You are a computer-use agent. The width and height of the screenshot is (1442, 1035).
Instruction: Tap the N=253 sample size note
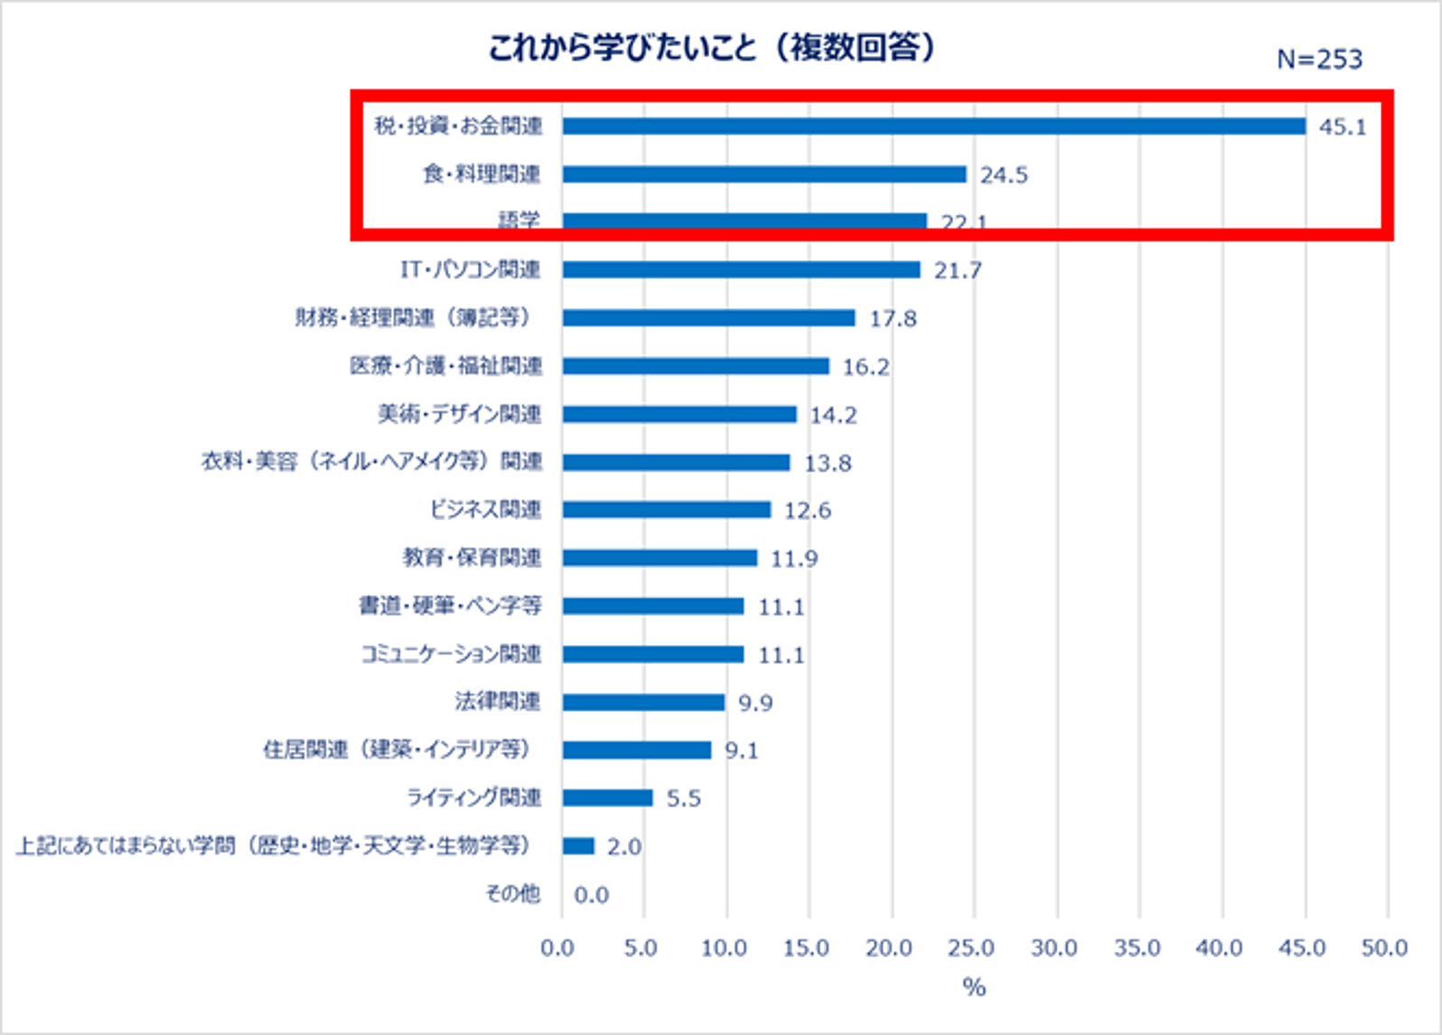(x=1318, y=60)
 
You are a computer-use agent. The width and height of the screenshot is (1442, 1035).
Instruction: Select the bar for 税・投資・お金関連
(x=932, y=126)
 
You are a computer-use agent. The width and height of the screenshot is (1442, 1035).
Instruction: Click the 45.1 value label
(x=1342, y=127)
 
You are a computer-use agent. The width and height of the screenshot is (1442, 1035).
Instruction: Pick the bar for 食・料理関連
(x=763, y=174)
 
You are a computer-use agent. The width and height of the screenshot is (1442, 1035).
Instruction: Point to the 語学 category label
(x=520, y=219)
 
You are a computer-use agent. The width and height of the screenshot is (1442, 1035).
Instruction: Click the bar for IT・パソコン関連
(x=740, y=270)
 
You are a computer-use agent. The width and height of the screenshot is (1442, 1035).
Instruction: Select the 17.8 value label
(x=893, y=319)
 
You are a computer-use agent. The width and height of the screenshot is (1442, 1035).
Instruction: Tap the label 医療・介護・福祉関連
(x=446, y=366)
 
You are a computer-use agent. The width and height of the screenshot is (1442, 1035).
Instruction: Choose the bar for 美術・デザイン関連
(x=679, y=415)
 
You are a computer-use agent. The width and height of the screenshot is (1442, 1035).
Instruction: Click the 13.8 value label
(x=828, y=463)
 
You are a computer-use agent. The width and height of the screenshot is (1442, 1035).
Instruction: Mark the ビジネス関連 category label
(x=485, y=510)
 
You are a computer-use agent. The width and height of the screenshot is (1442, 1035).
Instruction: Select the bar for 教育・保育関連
(x=659, y=558)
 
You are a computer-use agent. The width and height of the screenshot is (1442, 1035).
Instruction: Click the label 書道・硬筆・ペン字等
(x=450, y=606)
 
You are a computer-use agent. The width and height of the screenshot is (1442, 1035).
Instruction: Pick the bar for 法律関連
(x=642, y=703)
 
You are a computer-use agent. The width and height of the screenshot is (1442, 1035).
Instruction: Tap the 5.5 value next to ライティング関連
(x=683, y=798)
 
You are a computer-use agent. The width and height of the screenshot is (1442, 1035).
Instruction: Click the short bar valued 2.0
(x=578, y=846)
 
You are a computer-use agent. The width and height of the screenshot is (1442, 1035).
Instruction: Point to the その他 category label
(x=512, y=894)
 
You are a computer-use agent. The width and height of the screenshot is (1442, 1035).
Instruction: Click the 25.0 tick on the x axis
(x=970, y=948)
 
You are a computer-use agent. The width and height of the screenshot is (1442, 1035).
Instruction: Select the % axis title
(x=973, y=987)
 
